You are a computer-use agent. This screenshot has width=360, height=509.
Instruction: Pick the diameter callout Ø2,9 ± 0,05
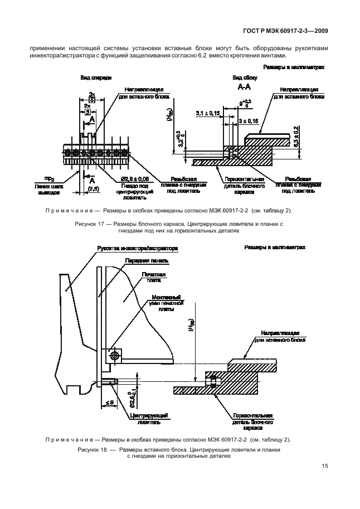(133, 178)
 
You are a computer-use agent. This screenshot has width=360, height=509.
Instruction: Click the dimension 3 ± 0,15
(248, 120)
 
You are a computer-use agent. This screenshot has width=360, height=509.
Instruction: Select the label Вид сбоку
(244, 78)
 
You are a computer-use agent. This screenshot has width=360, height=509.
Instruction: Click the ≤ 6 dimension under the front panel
(109, 402)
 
